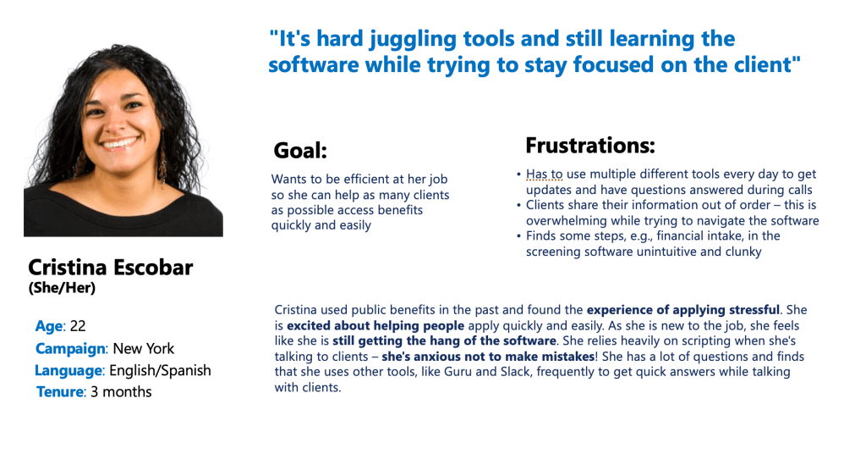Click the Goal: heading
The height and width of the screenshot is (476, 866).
(x=300, y=151)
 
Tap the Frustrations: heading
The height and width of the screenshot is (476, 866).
(x=589, y=146)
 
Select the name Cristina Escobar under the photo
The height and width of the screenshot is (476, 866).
(x=111, y=268)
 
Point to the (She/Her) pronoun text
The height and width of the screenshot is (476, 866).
(x=62, y=288)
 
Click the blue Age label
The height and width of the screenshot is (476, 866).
(x=48, y=326)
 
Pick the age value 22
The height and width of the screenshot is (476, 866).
(x=78, y=325)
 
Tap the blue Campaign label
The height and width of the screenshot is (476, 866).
(x=70, y=349)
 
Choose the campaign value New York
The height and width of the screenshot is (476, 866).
(x=144, y=349)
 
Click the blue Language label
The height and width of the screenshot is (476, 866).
(x=69, y=370)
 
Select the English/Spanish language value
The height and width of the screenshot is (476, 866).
(x=160, y=370)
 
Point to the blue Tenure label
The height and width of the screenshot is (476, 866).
(x=60, y=392)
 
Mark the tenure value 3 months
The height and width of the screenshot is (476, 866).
(x=121, y=392)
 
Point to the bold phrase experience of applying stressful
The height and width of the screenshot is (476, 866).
(x=683, y=310)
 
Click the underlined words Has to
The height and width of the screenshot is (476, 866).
(x=544, y=174)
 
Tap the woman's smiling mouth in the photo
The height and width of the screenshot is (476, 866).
(x=120, y=144)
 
